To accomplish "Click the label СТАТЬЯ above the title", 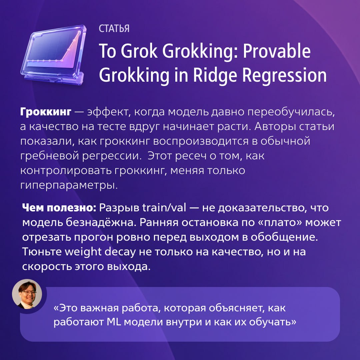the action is [x=114, y=28].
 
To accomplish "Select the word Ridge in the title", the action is [x=215, y=75].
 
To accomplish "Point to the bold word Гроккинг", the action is [x=46, y=112].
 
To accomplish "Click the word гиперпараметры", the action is [x=69, y=185].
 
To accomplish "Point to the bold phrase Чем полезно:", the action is [x=59, y=208].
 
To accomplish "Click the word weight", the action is [x=83, y=252].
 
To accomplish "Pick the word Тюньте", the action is [x=42, y=252].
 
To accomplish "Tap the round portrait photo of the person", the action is [x=27, y=294].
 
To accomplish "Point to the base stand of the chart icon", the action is [x=54, y=78].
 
